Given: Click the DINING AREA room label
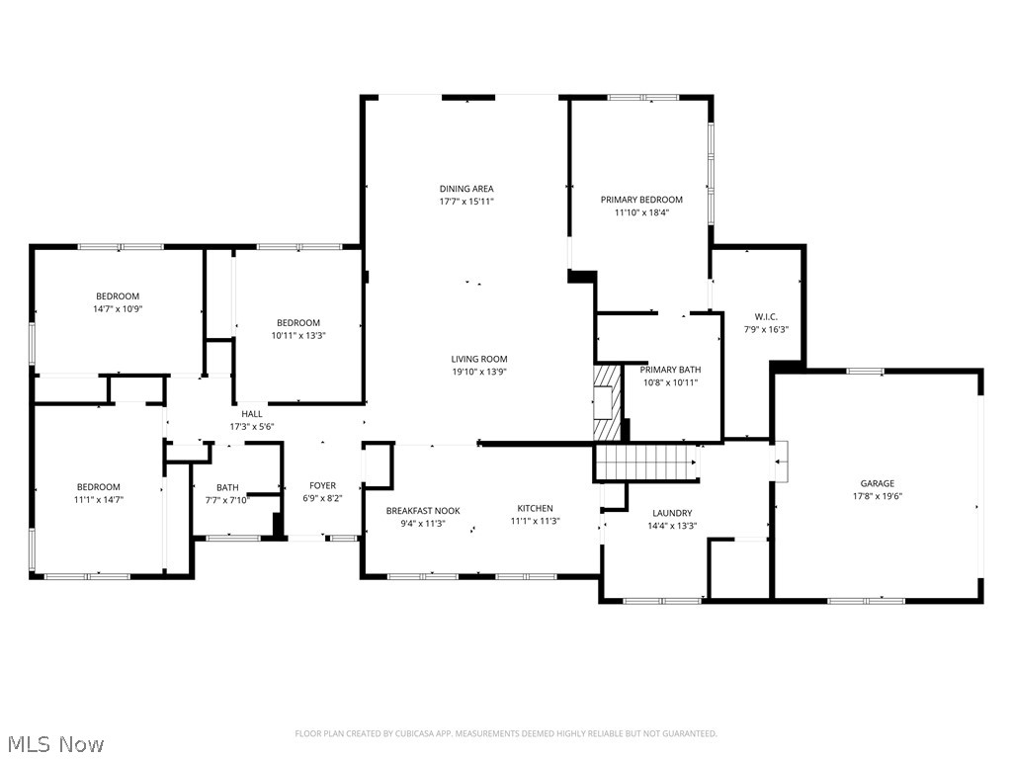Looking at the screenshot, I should click(466, 189).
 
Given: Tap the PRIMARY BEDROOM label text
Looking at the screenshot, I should click(641, 200).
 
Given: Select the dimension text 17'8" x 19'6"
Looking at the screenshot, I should click(877, 497).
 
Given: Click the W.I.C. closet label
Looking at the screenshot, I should click(766, 316).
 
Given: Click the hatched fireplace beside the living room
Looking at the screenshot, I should click(608, 403).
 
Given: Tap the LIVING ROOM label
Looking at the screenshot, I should click(479, 360).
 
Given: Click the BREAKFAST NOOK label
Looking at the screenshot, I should click(423, 511).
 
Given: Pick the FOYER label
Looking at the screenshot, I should click(322, 486).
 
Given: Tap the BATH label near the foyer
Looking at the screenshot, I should click(227, 487).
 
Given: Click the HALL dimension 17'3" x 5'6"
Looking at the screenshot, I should click(252, 427).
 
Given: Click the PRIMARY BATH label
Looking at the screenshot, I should click(671, 370).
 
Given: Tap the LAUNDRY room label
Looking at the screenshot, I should click(672, 513).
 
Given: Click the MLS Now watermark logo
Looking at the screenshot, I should click(54, 744).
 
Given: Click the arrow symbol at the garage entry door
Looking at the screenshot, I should click(781, 461).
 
